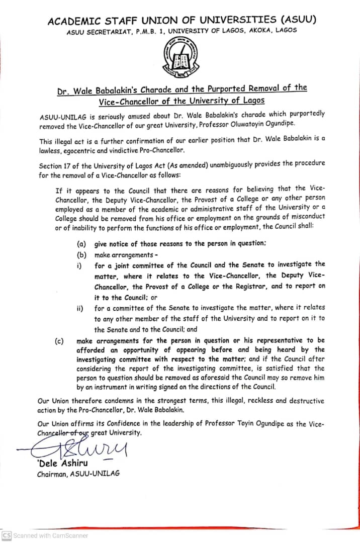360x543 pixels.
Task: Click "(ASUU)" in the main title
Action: [x=299, y=20]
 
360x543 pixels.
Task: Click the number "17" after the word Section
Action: [x=69, y=165]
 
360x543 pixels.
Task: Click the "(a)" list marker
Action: [x=81, y=244]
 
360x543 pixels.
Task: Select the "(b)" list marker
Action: [x=81, y=255]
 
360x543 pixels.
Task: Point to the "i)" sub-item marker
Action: [x=79, y=265]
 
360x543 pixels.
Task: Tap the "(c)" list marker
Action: [x=59, y=341]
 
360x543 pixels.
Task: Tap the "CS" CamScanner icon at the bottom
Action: [x=6, y=535]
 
